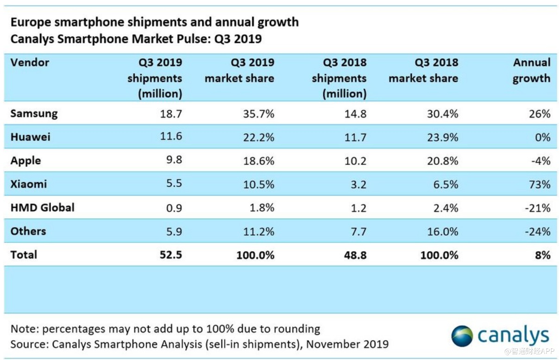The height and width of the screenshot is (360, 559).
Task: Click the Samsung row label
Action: (34, 114)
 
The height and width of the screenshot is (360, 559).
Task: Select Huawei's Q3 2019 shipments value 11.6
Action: (171, 137)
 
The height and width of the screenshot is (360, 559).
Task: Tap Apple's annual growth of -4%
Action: (540, 161)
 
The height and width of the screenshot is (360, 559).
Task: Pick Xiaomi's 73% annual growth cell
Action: (540, 184)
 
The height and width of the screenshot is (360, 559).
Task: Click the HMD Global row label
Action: (43, 208)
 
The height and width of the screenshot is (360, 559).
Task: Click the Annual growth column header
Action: (532, 70)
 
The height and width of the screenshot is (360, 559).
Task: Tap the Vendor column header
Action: (30, 63)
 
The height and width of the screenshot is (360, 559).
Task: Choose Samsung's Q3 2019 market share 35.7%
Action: (258, 114)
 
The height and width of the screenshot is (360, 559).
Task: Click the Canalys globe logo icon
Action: (462, 335)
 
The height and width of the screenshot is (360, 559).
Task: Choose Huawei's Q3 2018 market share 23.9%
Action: (443, 137)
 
